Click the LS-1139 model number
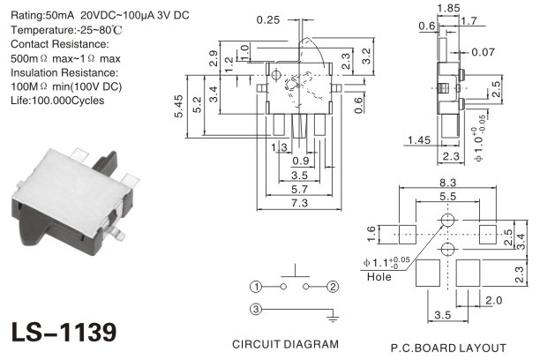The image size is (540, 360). (64, 332)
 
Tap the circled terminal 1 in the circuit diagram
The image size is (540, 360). (256, 287)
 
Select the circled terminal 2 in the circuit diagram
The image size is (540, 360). (333, 287)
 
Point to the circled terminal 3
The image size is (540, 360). (256, 309)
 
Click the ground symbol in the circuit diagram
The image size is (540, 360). (333, 317)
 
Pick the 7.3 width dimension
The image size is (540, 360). (299, 203)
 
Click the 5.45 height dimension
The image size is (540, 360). (179, 107)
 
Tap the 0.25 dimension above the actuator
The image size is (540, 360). (268, 20)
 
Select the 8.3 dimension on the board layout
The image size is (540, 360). (447, 183)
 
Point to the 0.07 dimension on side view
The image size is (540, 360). (483, 52)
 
